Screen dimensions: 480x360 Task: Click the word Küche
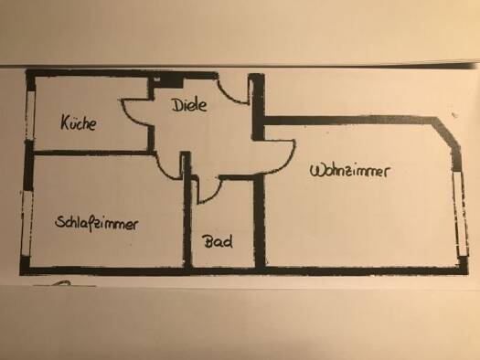[x=79, y=122]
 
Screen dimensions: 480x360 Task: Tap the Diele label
[x=189, y=105]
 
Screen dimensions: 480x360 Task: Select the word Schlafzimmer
[x=96, y=223]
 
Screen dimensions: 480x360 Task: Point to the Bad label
[x=218, y=241]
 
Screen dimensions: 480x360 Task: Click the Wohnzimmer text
[x=350, y=171]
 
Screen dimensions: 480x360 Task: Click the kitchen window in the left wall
[x=30, y=116]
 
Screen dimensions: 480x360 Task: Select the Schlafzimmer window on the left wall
[x=26, y=224]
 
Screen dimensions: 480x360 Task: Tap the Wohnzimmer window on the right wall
[x=461, y=214]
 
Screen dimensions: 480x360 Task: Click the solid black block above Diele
[x=167, y=81]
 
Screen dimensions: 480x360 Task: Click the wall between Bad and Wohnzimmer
[x=259, y=221]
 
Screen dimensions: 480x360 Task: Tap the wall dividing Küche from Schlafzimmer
[x=91, y=153]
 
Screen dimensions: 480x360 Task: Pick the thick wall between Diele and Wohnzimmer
[x=258, y=107]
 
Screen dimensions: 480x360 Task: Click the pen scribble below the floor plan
[x=63, y=284]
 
